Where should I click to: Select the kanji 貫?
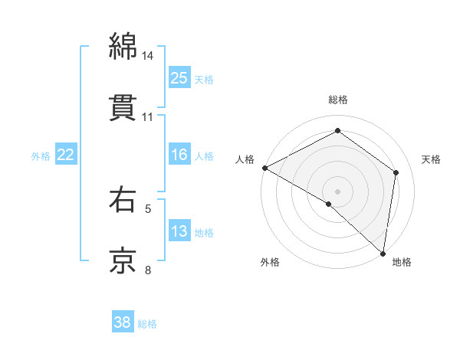pyautogui.click(x=123, y=107)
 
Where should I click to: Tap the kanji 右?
pyautogui.click(x=123, y=200)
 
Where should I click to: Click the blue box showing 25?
pyautogui.click(x=179, y=77)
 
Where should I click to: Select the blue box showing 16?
pyautogui.click(x=179, y=155)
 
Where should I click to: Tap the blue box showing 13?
pyautogui.click(x=179, y=231)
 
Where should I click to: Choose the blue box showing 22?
pyautogui.click(x=66, y=155)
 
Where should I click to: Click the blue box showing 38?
pyautogui.click(x=123, y=322)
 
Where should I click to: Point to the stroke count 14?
pyautogui.click(x=148, y=56)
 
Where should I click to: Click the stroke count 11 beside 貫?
pyautogui.click(x=148, y=117)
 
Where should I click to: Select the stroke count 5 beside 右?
pyautogui.click(x=148, y=208)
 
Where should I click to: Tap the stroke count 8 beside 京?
pyautogui.click(x=148, y=270)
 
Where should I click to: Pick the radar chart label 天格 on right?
pyautogui.click(x=431, y=159)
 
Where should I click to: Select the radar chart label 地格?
pyautogui.click(x=402, y=262)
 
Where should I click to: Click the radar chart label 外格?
pyautogui.click(x=270, y=262)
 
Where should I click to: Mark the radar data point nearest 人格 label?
pyautogui.click(x=264, y=168)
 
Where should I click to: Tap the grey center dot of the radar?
pyautogui.click(x=338, y=191)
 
